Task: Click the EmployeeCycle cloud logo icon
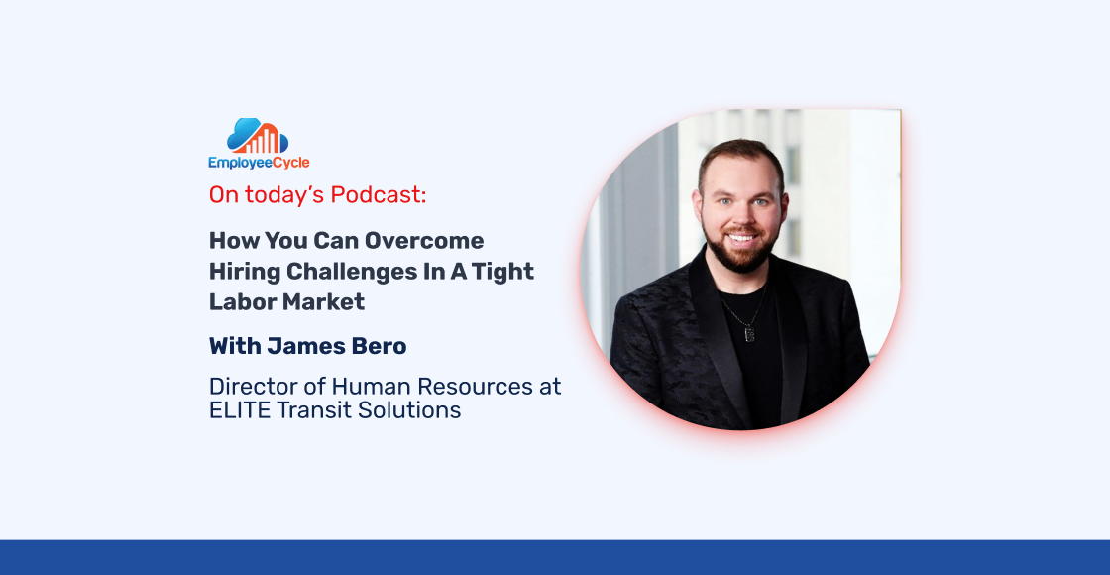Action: (258, 136)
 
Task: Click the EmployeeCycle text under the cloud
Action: (259, 163)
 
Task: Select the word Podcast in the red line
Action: (378, 195)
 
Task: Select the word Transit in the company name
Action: (315, 410)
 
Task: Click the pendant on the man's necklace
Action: (749, 333)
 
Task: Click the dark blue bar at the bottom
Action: (555, 557)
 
